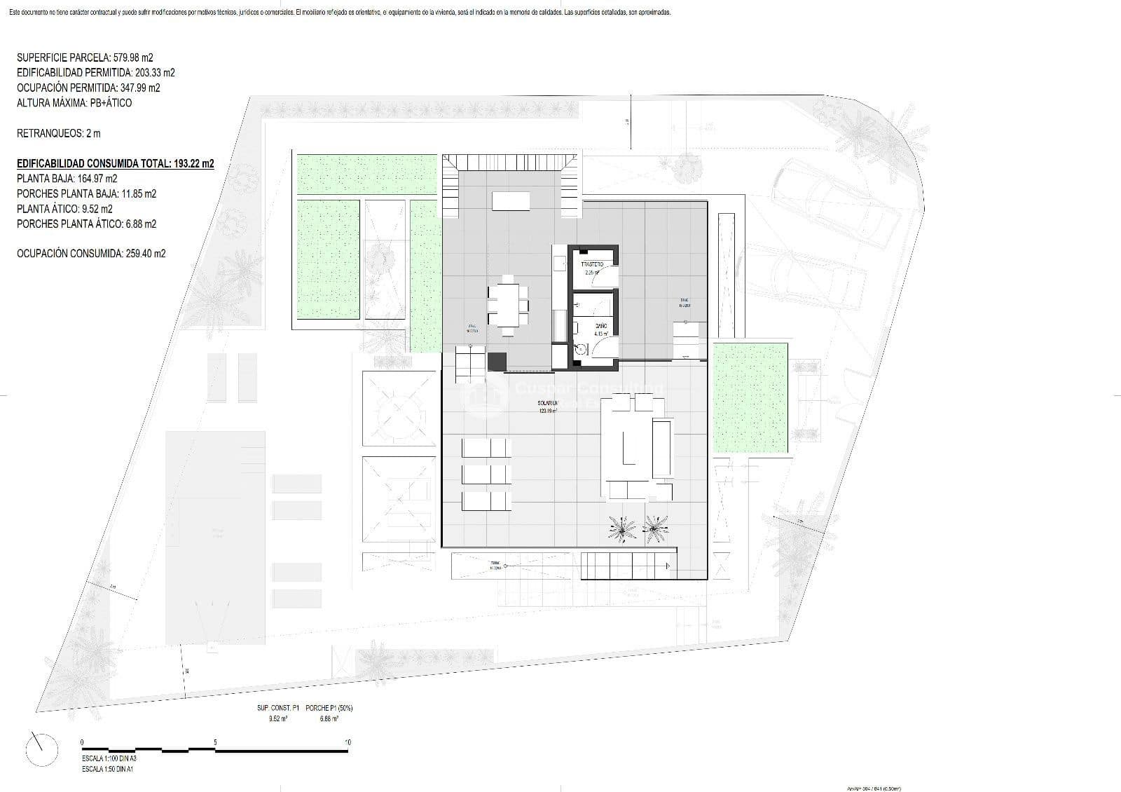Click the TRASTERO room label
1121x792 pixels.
(x=592, y=265)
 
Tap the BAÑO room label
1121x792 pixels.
(x=600, y=327)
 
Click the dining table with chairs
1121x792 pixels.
(x=509, y=303)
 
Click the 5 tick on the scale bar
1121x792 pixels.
(x=215, y=742)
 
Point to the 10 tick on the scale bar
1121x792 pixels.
(x=348, y=742)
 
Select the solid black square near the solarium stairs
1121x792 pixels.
(x=497, y=361)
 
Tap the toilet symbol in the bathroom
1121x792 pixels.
(x=581, y=350)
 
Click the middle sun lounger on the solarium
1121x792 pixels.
(x=486, y=474)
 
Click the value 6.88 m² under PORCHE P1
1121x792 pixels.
(x=329, y=718)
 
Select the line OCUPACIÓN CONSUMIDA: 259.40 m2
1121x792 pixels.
(x=91, y=254)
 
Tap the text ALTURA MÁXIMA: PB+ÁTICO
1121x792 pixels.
(x=74, y=103)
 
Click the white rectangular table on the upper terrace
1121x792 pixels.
(x=511, y=201)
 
